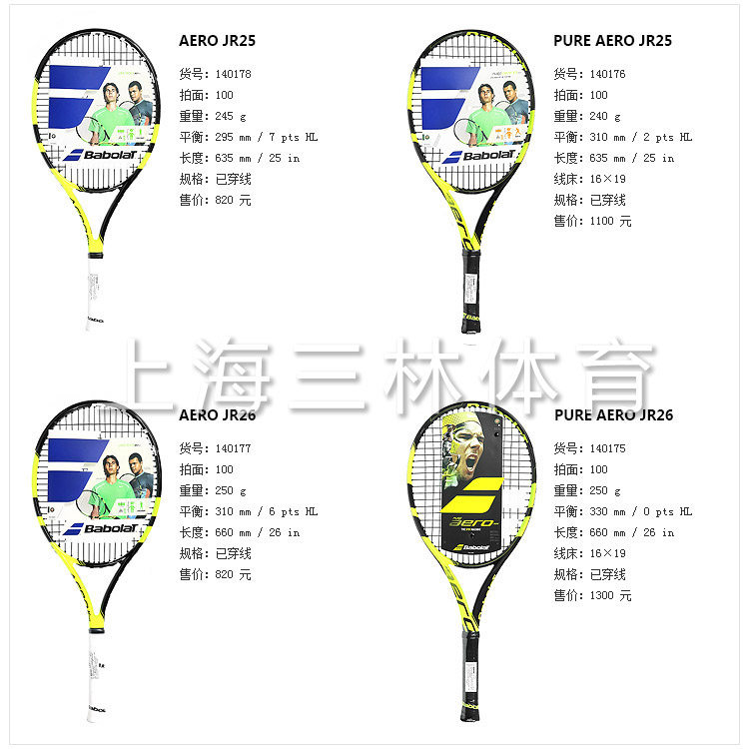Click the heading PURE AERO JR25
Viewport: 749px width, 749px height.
coord(611,41)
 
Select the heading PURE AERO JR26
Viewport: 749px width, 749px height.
coord(612,415)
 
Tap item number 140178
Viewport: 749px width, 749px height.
coord(234,74)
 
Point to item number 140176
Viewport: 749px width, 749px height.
coord(608,74)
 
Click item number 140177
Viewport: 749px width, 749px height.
coord(234,448)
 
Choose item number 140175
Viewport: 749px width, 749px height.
coord(608,448)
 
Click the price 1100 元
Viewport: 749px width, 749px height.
coord(611,221)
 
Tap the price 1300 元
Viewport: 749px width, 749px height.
coord(611,595)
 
